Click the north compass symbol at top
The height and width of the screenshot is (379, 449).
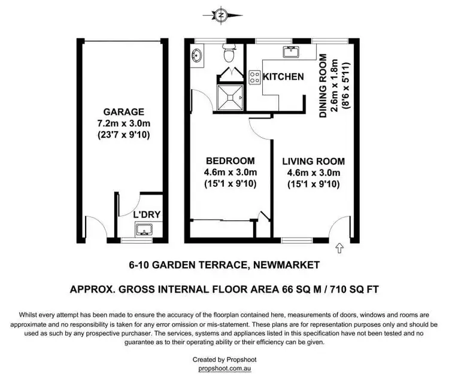click(x=222, y=14)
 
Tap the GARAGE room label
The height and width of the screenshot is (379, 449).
click(x=124, y=111)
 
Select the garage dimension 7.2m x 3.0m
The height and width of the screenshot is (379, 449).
click(x=124, y=123)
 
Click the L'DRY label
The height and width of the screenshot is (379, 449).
click(x=147, y=214)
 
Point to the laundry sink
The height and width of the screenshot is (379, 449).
click(x=144, y=229)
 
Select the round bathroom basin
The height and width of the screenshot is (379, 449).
click(x=198, y=56)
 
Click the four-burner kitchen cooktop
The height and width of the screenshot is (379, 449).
click(x=254, y=77)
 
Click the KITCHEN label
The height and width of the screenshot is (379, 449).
click(x=284, y=77)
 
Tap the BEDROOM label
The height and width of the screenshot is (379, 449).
click(x=230, y=161)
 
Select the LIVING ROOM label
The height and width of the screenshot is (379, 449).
click(x=313, y=161)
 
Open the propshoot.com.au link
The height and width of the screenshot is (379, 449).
click(x=224, y=369)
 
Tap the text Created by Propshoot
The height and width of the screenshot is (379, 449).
click(x=224, y=360)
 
